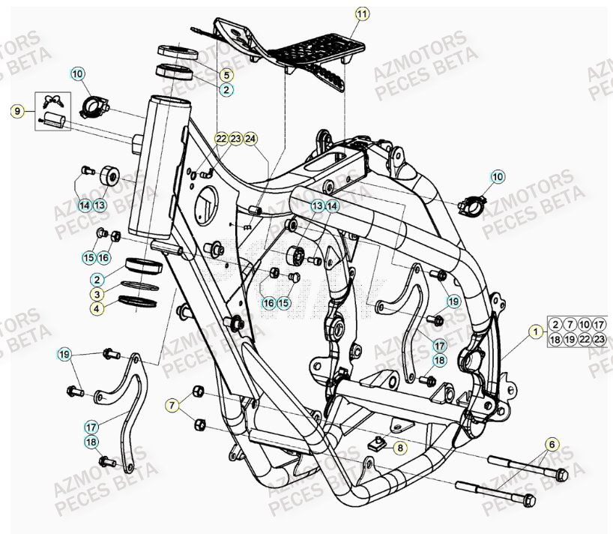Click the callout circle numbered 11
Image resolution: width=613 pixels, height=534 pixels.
(x=362, y=14)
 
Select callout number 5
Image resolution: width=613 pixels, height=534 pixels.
(x=226, y=75)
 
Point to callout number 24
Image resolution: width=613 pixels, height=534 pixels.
(x=250, y=139)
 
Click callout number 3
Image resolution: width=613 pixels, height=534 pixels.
(x=98, y=294)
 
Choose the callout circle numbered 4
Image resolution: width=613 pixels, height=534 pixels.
(x=98, y=308)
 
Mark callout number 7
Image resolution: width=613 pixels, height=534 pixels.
(x=173, y=406)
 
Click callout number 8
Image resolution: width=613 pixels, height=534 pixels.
(x=399, y=448)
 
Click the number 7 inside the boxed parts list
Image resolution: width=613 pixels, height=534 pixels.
(x=570, y=324)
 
